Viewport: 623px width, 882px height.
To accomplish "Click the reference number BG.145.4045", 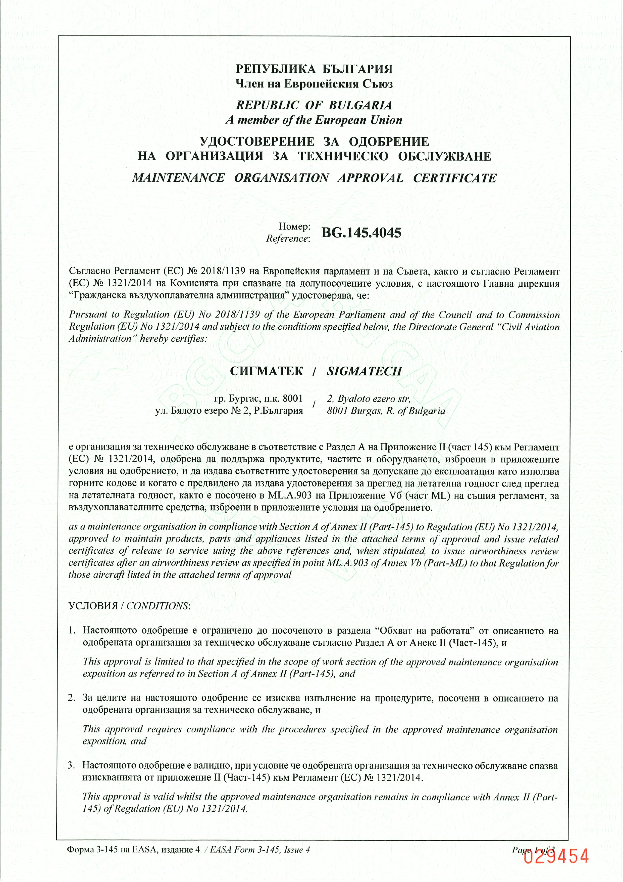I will point(361,233).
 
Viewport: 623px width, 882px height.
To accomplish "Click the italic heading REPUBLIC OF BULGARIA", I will point(314,105).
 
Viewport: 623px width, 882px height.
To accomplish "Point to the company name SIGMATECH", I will point(364,371).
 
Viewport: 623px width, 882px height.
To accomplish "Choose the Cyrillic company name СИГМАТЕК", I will point(266,371).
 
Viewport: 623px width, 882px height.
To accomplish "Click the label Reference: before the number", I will point(288,239).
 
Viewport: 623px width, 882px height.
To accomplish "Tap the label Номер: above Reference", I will point(294,227).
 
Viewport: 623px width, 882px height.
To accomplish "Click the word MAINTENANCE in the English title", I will point(179,178).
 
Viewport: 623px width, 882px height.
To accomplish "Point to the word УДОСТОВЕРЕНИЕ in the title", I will point(257,142).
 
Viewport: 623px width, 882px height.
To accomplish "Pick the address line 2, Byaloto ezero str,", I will point(369,399).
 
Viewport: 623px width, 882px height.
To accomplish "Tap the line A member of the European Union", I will point(314,120).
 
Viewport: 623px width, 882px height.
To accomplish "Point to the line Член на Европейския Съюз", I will point(314,84).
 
